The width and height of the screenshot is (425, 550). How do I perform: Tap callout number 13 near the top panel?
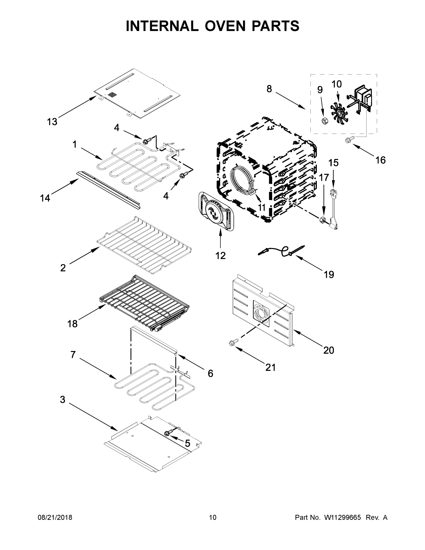point(52,122)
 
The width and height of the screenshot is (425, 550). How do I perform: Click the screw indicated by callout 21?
point(232,343)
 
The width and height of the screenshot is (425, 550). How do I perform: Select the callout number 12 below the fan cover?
point(220,256)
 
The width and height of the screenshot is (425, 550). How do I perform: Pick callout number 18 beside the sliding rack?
point(72,324)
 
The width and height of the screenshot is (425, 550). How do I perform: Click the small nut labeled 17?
point(321,220)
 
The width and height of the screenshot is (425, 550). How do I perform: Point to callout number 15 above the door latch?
point(333,163)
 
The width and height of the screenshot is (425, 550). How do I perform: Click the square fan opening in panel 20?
point(261,313)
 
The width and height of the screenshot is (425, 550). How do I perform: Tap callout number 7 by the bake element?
point(73,355)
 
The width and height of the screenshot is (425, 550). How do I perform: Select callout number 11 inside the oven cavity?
point(262,207)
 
